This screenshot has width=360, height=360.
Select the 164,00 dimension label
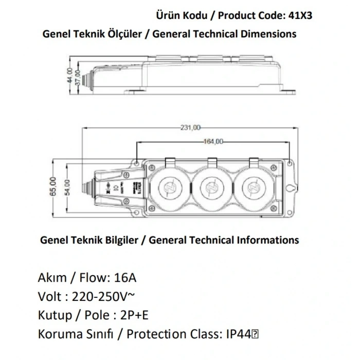[x=212, y=141]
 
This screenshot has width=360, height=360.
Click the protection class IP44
[x=236, y=334]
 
